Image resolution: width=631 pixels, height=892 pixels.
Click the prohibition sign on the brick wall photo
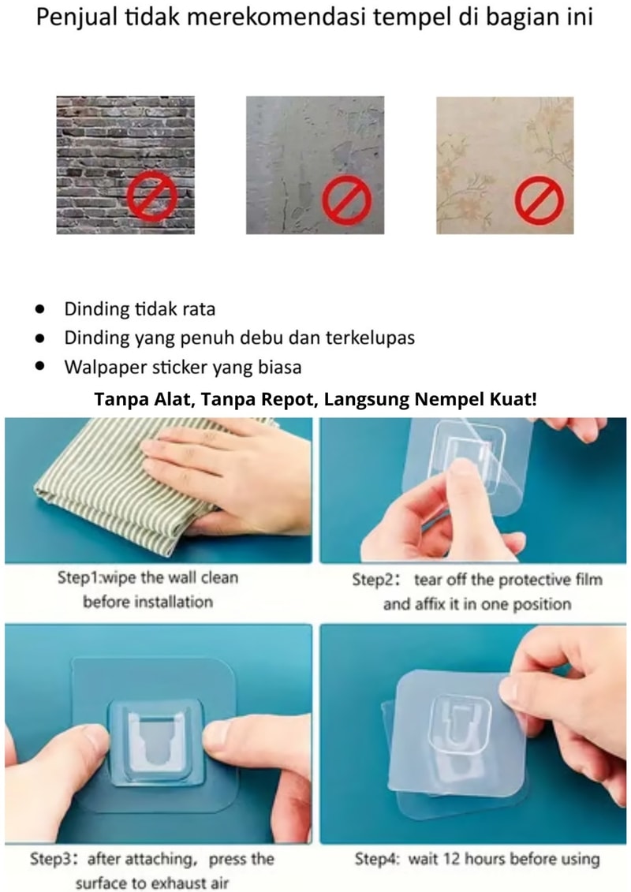pos(152,196)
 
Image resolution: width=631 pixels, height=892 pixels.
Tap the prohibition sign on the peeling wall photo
pos(346,200)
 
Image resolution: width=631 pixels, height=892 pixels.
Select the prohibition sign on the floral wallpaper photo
pos(540,200)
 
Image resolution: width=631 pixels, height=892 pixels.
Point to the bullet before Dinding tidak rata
pos(39,309)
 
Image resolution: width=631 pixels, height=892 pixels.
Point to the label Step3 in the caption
pos(51,858)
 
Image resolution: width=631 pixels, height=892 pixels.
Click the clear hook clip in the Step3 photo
pos(155,742)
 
